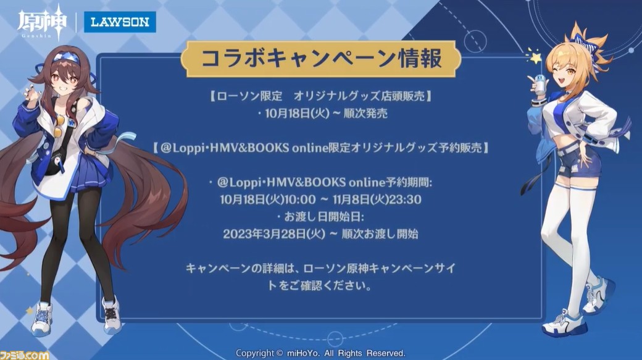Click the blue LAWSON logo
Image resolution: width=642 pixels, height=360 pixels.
click(x=120, y=22)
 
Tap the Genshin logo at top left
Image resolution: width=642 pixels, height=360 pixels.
click(x=41, y=22)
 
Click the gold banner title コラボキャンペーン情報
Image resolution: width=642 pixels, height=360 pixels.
click(x=322, y=59)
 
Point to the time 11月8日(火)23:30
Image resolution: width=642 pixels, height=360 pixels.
click(x=377, y=199)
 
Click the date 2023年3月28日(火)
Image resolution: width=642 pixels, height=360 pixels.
click(x=274, y=234)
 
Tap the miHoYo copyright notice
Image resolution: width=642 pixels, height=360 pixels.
click(x=320, y=353)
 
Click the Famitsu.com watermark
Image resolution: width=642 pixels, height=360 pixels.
click(x=25, y=354)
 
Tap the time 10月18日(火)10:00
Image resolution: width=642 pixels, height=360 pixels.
click(x=268, y=199)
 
